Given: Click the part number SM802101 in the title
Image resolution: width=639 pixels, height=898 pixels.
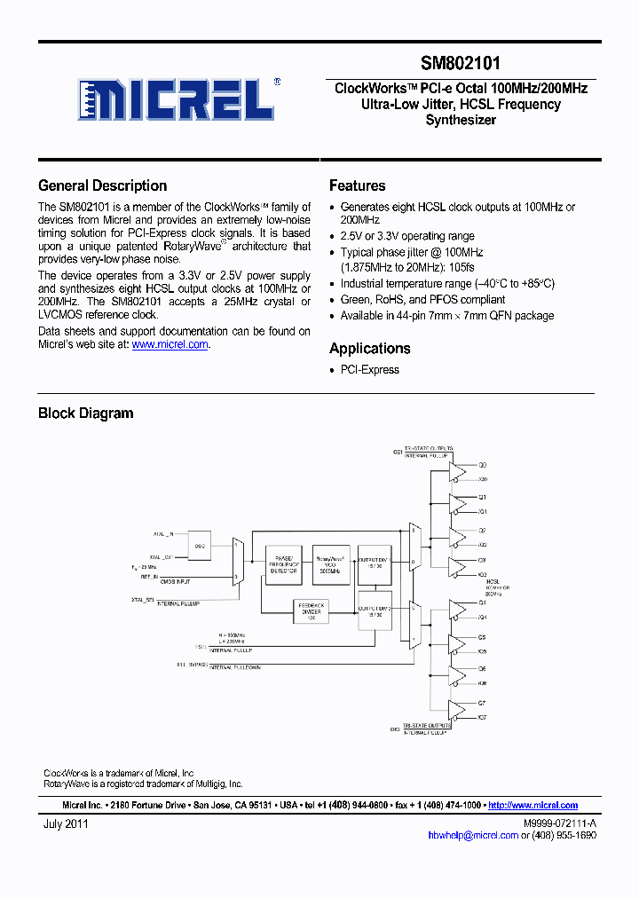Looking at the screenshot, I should click(460, 64).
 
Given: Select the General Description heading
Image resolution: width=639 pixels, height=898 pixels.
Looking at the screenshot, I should click(102, 185).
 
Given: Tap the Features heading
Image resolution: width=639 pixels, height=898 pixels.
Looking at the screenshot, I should click(357, 185).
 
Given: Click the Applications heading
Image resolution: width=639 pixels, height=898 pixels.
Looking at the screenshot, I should click(369, 349).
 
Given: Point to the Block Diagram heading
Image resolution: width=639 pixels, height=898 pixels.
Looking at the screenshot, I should click(85, 413).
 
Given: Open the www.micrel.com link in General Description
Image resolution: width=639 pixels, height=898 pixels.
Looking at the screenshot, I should click(170, 344).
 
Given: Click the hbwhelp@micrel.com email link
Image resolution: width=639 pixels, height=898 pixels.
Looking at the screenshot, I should click(472, 835).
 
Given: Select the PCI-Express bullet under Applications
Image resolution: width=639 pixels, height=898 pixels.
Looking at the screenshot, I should click(369, 370).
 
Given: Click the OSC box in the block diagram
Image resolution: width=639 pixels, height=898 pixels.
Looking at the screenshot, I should click(201, 547).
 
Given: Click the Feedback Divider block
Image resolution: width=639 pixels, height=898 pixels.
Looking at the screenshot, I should click(311, 610).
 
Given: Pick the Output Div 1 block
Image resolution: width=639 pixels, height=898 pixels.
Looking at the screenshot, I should click(375, 565).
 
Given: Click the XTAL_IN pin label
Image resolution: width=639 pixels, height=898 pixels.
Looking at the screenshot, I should click(162, 534).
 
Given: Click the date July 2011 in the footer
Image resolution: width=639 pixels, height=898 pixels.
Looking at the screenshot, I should click(66, 823).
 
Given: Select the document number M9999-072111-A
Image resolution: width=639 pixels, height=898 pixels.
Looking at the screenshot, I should click(559, 823).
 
